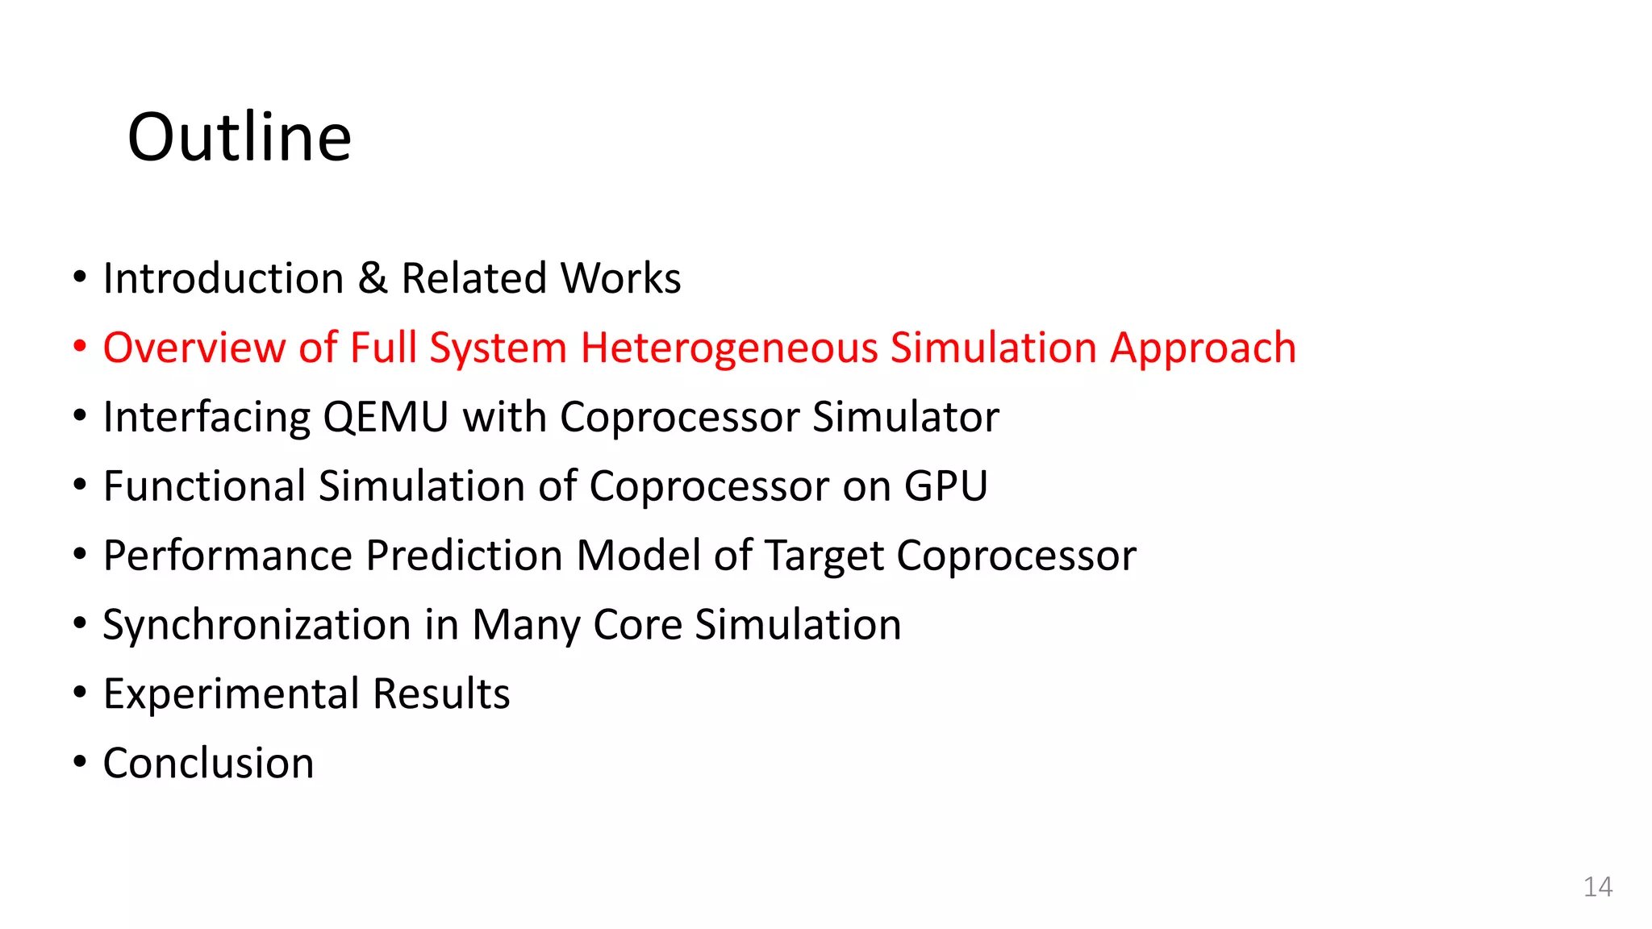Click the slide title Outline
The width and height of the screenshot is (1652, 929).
coord(240,137)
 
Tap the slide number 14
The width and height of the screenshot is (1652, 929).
coord(1597,887)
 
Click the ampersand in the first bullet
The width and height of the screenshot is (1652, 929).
coord(373,278)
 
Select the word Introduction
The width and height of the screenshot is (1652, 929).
coord(223,278)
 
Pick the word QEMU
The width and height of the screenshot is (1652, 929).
coord(386,418)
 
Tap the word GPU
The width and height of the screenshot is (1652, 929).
coord(945,486)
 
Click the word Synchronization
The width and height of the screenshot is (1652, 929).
coord(257,626)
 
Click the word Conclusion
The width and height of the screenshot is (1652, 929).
coord(208,764)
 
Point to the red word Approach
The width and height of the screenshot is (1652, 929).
coord(1203,349)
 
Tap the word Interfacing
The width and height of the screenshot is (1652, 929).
coord(206,418)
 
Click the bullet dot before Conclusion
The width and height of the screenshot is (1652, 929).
coord(79,762)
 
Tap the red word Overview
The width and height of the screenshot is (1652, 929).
coord(194,348)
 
